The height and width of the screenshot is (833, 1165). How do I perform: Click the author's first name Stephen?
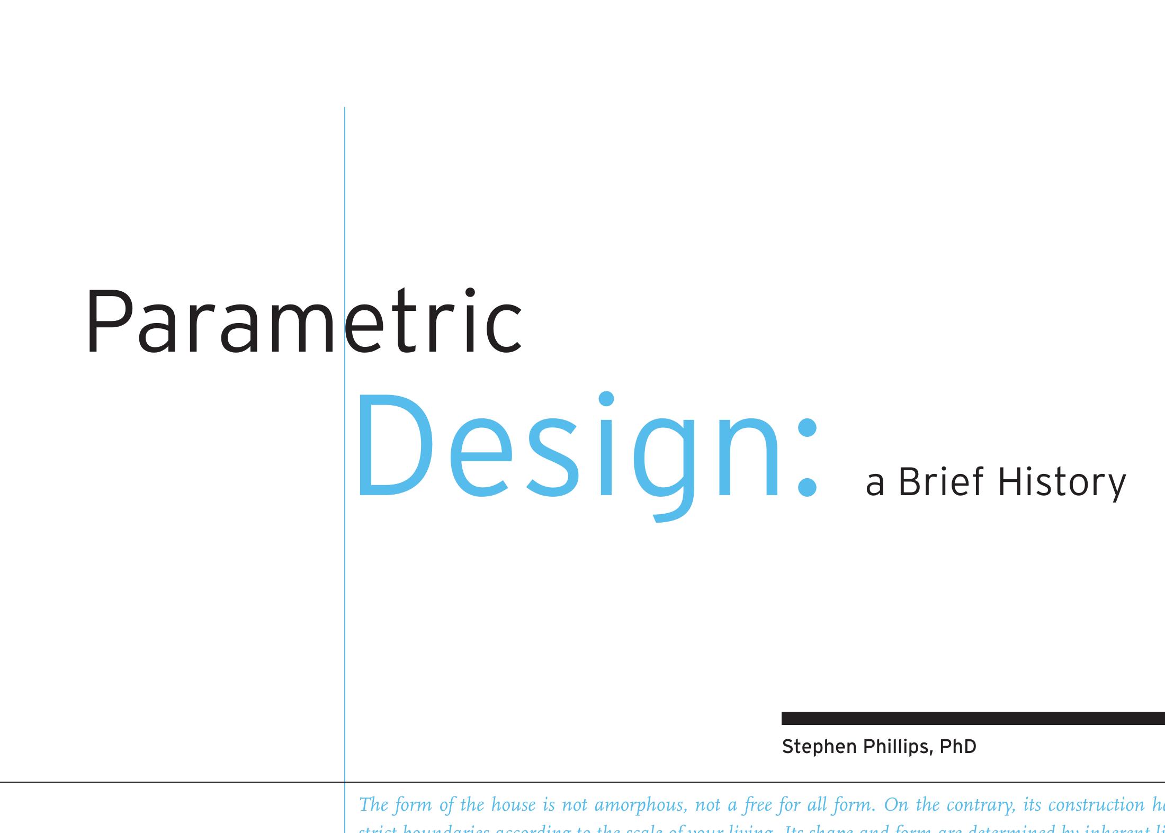tap(819, 747)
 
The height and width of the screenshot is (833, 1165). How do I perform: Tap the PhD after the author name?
tap(957, 747)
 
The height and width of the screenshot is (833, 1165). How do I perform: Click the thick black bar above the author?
tap(973, 718)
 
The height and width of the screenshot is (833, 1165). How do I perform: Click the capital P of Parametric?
tap(108, 322)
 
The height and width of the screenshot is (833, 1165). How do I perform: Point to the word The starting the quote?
tap(373, 805)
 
